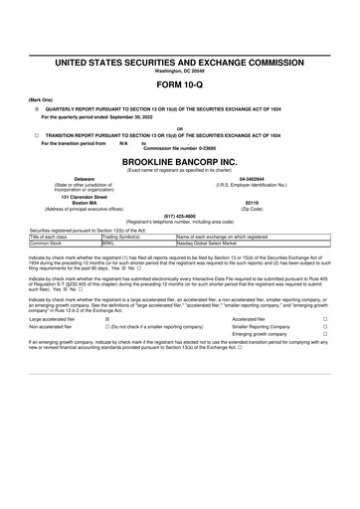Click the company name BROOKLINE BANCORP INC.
[x=180, y=160]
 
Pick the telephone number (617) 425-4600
[x=180, y=215]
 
